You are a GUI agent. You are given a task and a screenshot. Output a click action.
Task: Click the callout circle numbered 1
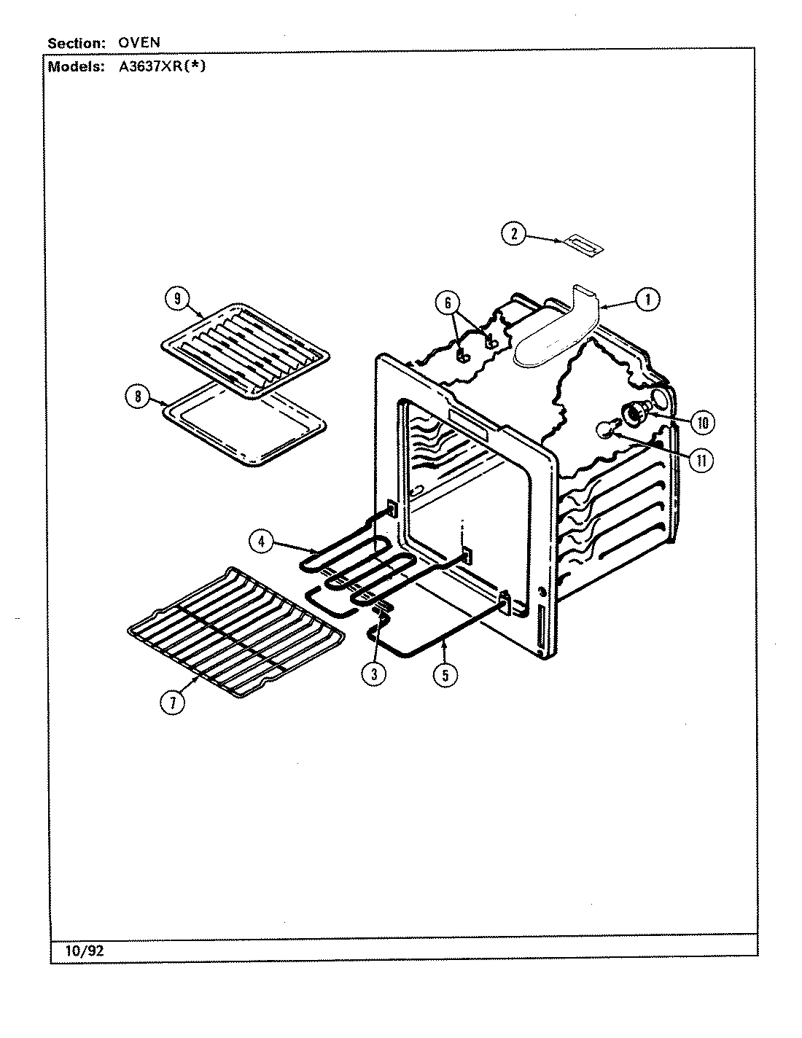(x=647, y=299)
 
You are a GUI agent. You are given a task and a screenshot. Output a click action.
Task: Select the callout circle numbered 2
(x=513, y=234)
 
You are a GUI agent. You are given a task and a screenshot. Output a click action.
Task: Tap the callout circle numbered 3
(x=373, y=674)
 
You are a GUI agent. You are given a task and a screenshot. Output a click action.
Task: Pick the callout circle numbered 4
(x=261, y=541)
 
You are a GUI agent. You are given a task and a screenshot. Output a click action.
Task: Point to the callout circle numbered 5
(x=444, y=674)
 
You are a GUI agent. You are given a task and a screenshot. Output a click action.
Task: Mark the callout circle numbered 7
(x=173, y=703)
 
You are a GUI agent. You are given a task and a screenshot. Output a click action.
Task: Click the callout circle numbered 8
(x=136, y=397)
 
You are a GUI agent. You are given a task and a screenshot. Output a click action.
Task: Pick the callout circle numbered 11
(x=702, y=461)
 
